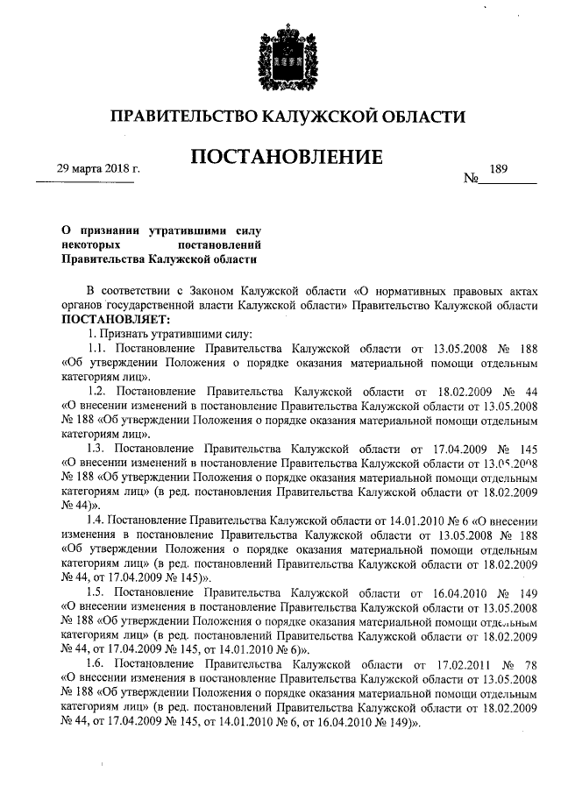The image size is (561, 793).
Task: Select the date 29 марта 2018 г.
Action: [86, 168]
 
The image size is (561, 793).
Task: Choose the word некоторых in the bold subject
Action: [90, 244]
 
